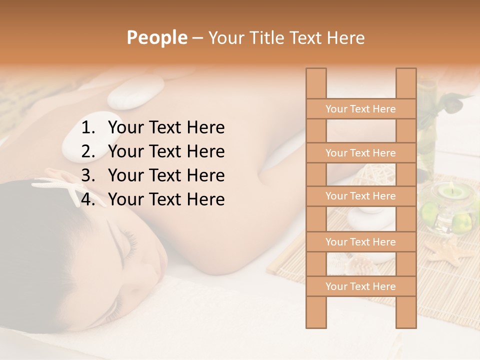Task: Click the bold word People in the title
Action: pos(157,37)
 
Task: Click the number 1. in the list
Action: pos(89,127)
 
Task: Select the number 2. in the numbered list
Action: pos(89,151)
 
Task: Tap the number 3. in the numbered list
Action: pos(89,175)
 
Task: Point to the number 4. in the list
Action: pos(89,199)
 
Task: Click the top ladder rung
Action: pos(360,109)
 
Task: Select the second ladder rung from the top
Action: pos(360,153)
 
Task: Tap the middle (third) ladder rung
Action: pos(360,196)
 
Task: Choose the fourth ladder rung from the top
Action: pos(360,242)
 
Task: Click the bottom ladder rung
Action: pos(360,286)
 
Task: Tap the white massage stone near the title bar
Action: pos(135,93)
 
